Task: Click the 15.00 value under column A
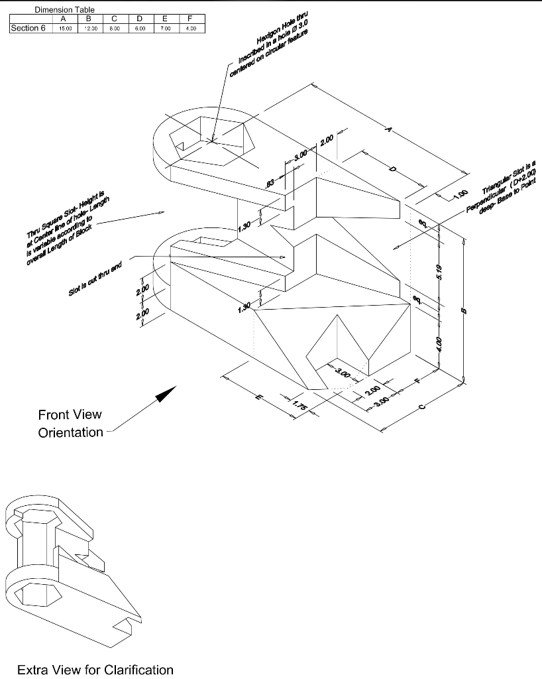66,29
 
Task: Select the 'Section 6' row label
28,29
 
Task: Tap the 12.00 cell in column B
91,29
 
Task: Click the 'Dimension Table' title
64,11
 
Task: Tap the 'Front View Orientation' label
70,424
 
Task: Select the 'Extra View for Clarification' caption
95,670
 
